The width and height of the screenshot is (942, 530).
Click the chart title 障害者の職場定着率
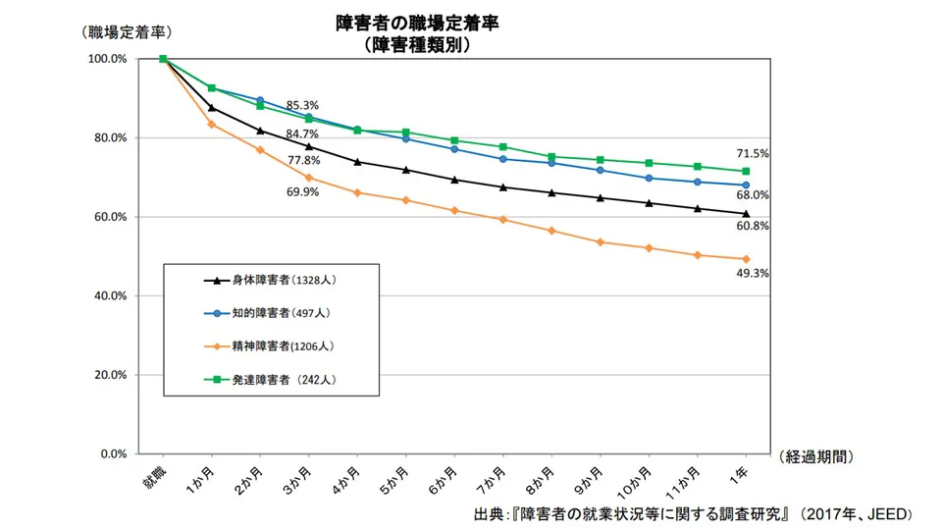tap(417, 24)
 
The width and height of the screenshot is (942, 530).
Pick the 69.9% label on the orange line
tap(302, 192)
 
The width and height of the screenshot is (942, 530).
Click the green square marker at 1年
tap(746, 172)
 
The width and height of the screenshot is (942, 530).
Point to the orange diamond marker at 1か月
tap(211, 124)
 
